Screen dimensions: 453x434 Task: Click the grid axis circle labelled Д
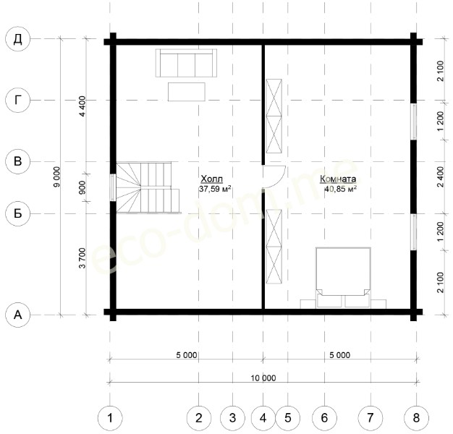18,39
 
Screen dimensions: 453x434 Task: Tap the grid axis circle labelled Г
18,101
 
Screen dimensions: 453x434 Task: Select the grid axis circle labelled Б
18,213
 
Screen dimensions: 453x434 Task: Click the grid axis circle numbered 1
110,418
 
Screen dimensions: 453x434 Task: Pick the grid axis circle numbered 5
288,418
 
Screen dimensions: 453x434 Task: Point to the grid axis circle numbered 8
416,418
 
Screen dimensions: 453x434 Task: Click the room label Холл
212,179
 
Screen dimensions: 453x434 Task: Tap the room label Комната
338,179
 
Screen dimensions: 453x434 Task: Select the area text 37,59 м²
215,189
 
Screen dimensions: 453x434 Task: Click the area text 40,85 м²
340,189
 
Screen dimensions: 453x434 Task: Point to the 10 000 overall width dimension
263,378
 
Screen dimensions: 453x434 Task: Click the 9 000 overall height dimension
57,176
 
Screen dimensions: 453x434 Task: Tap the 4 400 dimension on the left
83,106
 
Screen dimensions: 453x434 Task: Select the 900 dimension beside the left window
82,187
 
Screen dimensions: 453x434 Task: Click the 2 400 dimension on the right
440,176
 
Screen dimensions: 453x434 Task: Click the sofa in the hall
186,63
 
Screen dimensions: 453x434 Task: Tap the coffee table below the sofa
187,92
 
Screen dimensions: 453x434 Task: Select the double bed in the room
343,277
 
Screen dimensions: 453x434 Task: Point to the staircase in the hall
148,187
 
